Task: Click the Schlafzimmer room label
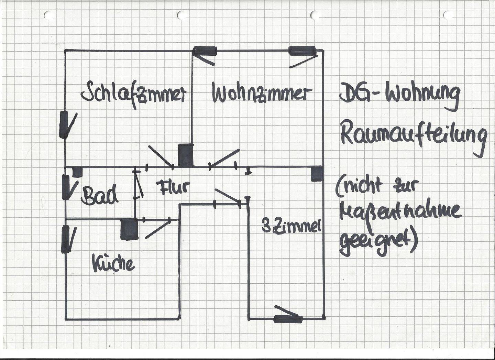(133, 93)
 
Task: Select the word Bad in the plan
(100, 195)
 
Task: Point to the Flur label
(173, 187)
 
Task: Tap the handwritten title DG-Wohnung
(399, 95)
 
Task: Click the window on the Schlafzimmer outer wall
(64, 124)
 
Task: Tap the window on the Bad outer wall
(65, 187)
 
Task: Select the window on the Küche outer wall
(65, 239)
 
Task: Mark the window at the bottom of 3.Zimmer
(288, 319)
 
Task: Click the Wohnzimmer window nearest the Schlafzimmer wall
(205, 51)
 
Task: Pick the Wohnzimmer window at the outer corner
(302, 51)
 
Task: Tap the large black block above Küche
(129, 229)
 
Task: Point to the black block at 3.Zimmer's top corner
(317, 173)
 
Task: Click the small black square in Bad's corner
(77, 172)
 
